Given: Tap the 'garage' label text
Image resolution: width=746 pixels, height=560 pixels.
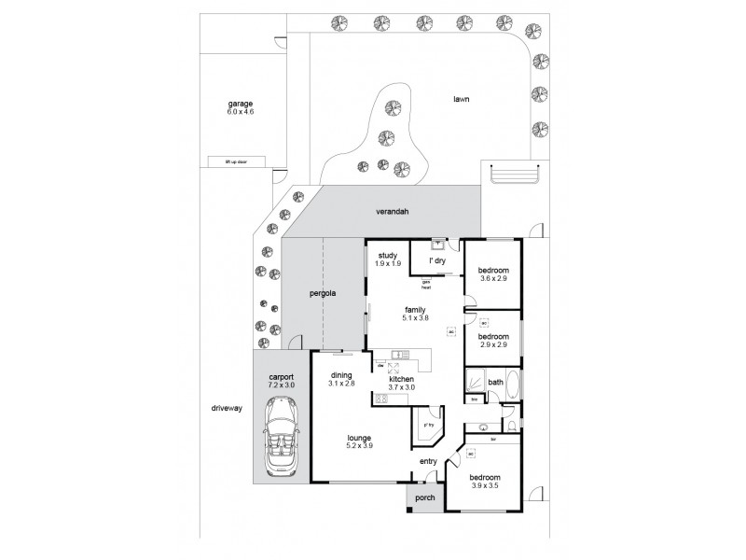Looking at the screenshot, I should click(241, 104).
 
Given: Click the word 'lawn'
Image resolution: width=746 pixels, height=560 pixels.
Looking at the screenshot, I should click(460, 98).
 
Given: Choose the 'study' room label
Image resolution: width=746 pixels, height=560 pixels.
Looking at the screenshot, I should click(389, 255).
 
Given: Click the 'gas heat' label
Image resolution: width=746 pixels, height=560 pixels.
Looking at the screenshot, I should click(426, 285).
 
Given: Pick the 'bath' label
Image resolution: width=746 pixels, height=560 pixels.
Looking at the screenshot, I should click(496, 382).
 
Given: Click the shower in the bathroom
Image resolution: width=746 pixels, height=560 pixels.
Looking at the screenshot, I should click(477, 381).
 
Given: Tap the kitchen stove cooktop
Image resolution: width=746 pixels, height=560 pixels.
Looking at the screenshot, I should click(380, 399).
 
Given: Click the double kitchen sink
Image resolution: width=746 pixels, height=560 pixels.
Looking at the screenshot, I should click(400, 355).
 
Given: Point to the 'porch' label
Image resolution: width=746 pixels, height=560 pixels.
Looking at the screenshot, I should click(424, 497).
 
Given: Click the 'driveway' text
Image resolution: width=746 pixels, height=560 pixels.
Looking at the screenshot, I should click(227, 409).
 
